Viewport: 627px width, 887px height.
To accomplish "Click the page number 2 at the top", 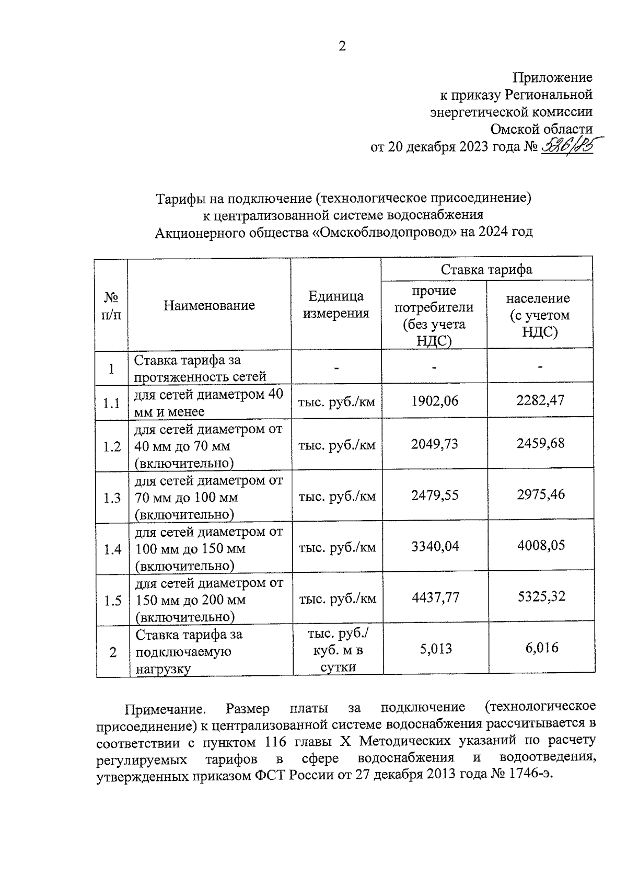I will click(x=342, y=47).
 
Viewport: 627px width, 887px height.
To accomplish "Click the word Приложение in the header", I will click(x=552, y=78).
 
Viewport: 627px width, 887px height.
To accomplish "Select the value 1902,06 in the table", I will click(x=435, y=401).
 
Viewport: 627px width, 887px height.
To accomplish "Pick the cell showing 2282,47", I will click(x=540, y=400).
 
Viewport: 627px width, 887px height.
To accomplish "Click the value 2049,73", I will click(x=435, y=444).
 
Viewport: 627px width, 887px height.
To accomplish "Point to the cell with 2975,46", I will click(x=541, y=494).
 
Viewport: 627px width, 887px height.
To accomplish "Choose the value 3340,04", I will click(x=435, y=546).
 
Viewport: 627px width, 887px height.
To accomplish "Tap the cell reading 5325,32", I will click(x=541, y=596).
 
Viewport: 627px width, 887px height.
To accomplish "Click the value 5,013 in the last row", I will click(x=436, y=649).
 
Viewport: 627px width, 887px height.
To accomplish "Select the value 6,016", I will click(x=542, y=648).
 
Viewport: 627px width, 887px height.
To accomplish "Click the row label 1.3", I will click(x=112, y=498).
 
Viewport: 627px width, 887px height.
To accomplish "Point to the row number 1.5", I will click(x=112, y=601).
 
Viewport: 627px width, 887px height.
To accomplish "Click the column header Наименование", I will click(x=209, y=305).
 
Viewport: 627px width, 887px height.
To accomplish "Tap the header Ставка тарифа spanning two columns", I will click(x=486, y=269).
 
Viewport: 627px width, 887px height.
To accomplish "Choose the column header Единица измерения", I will click(x=336, y=305).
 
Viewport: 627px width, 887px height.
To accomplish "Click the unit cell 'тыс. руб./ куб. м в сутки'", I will click(x=338, y=650).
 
